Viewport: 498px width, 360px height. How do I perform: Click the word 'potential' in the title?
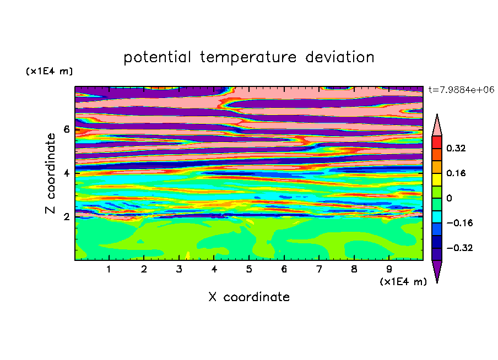coord(157,58)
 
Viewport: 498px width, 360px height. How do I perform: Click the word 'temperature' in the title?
coord(248,58)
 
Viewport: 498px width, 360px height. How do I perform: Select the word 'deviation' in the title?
coord(340,57)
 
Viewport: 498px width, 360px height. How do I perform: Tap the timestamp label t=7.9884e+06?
coord(461,90)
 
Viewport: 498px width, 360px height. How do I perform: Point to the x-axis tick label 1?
coord(109,269)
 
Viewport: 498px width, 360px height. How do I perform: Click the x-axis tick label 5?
coord(249,269)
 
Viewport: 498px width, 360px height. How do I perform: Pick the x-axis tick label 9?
coord(389,269)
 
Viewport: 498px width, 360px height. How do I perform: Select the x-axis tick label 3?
coord(179,269)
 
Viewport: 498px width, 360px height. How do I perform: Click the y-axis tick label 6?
coord(66,129)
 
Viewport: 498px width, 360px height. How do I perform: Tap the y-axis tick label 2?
coord(66,217)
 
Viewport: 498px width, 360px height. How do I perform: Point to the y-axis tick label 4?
coord(66,173)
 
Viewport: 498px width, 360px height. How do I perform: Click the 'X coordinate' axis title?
coord(249,297)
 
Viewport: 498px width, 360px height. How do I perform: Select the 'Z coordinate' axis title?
coord(50,173)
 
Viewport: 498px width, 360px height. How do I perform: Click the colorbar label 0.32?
coord(456,148)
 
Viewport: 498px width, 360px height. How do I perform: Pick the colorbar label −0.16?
coord(459,223)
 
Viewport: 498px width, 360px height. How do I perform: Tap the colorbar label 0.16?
coord(456,173)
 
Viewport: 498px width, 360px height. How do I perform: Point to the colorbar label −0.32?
coord(459,248)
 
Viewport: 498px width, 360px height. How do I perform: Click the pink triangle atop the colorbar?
coord(437,127)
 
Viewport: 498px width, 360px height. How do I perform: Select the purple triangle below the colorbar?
coord(437,269)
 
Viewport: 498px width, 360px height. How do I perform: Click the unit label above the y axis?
coord(49,71)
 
